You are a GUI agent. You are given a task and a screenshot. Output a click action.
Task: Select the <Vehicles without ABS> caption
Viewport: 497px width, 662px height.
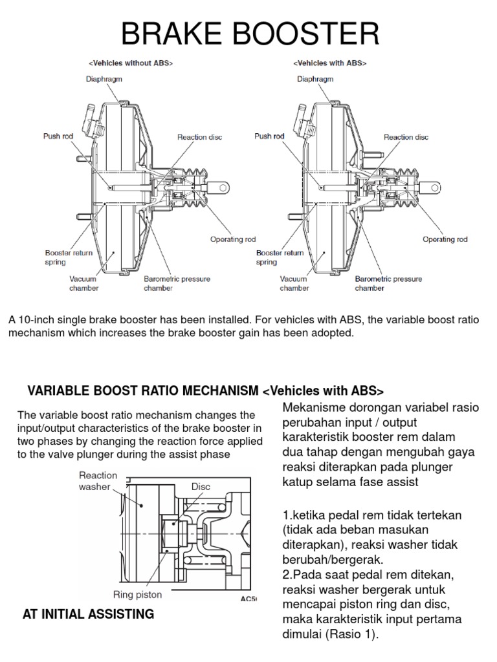(130, 63)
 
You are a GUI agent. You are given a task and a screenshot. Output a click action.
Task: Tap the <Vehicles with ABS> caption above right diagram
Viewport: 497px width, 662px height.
(329, 63)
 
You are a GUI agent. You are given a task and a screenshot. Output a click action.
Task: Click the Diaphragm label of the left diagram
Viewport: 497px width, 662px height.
(104, 79)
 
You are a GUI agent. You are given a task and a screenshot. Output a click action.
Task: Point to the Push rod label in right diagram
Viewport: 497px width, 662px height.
(269, 136)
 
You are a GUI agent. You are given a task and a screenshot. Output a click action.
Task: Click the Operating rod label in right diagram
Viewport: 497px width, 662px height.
(445, 239)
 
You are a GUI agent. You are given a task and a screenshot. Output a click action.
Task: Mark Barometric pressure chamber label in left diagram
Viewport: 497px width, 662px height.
(177, 284)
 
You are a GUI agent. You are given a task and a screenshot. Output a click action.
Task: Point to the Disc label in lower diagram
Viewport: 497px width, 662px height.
(201, 486)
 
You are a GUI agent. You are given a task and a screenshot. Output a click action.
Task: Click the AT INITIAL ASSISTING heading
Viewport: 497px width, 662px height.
(88, 614)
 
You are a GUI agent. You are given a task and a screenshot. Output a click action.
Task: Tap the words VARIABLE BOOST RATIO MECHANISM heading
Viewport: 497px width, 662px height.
(143, 391)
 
